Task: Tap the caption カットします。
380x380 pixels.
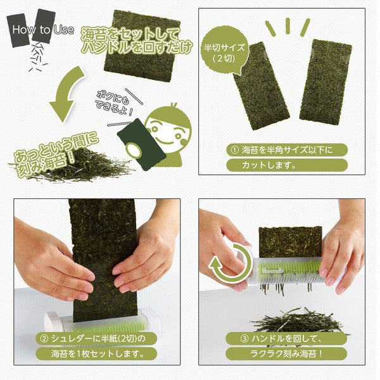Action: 265,166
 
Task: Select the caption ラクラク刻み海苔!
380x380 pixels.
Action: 289,353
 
